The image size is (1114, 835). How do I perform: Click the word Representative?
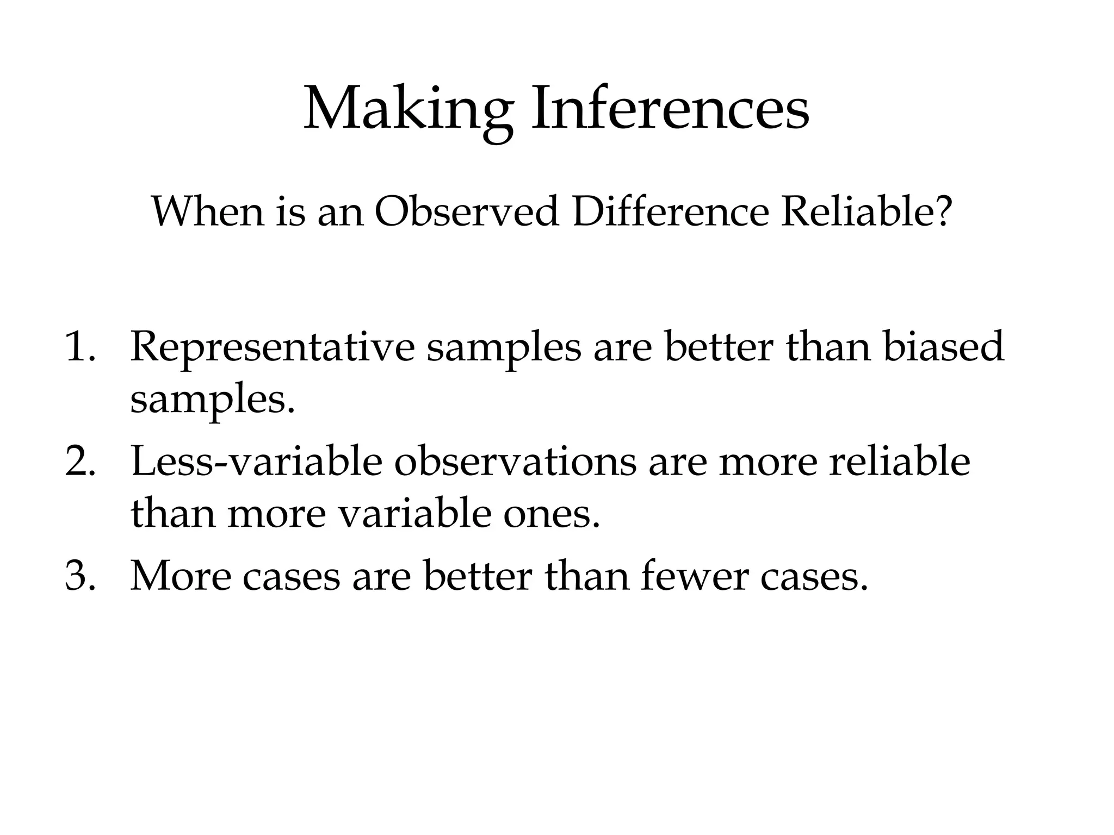[272, 347]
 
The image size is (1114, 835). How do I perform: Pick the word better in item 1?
[718, 346]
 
